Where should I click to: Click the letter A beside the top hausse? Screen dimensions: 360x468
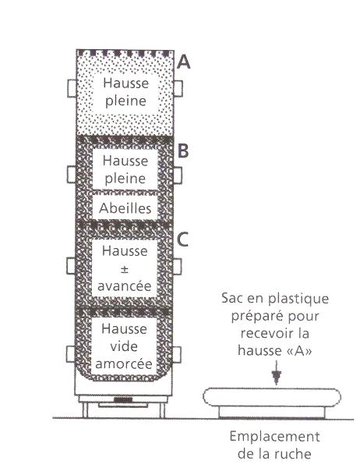click(x=183, y=62)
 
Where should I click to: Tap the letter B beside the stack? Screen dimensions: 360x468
click(x=183, y=151)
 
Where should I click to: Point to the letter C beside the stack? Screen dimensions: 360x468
click(x=182, y=239)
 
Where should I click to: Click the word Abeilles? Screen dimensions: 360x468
click(x=125, y=208)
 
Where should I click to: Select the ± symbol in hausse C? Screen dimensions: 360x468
click(x=125, y=269)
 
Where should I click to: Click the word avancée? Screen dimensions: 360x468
click(x=125, y=286)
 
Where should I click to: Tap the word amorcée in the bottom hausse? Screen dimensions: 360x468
click(x=124, y=363)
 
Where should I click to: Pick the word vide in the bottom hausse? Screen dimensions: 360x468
click(x=124, y=346)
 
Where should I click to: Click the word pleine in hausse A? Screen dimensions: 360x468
click(x=125, y=101)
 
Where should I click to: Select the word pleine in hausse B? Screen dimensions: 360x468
click(x=125, y=179)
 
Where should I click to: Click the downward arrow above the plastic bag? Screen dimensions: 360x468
click(x=276, y=373)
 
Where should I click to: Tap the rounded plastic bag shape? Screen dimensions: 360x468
click(x=272, y=397)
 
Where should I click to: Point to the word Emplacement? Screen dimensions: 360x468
click(x=275, y=438)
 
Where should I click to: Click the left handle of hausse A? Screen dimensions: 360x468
click(x=72, y=88)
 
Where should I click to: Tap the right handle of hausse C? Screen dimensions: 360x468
click(x=177, y=267)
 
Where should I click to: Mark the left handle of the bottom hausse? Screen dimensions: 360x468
click(x=70, y=354)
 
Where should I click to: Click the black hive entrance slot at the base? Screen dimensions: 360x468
click(x=123, y=400)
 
